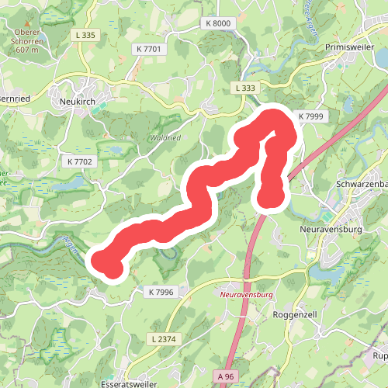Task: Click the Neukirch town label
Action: pyautogui.click(x=76, y=101)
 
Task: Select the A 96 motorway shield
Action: pyautogui.click(x=225, y=376)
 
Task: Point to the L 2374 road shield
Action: pyautogui.click(x=165, y=339)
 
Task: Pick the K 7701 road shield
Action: pyautogui.click(x=147, y=49)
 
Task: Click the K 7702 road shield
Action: pyautogui.click(x=79, y=161)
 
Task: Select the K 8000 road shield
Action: pyautogui.click(x=219, y=24)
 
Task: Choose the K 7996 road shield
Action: pyautogui.click(x=161, y=292)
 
